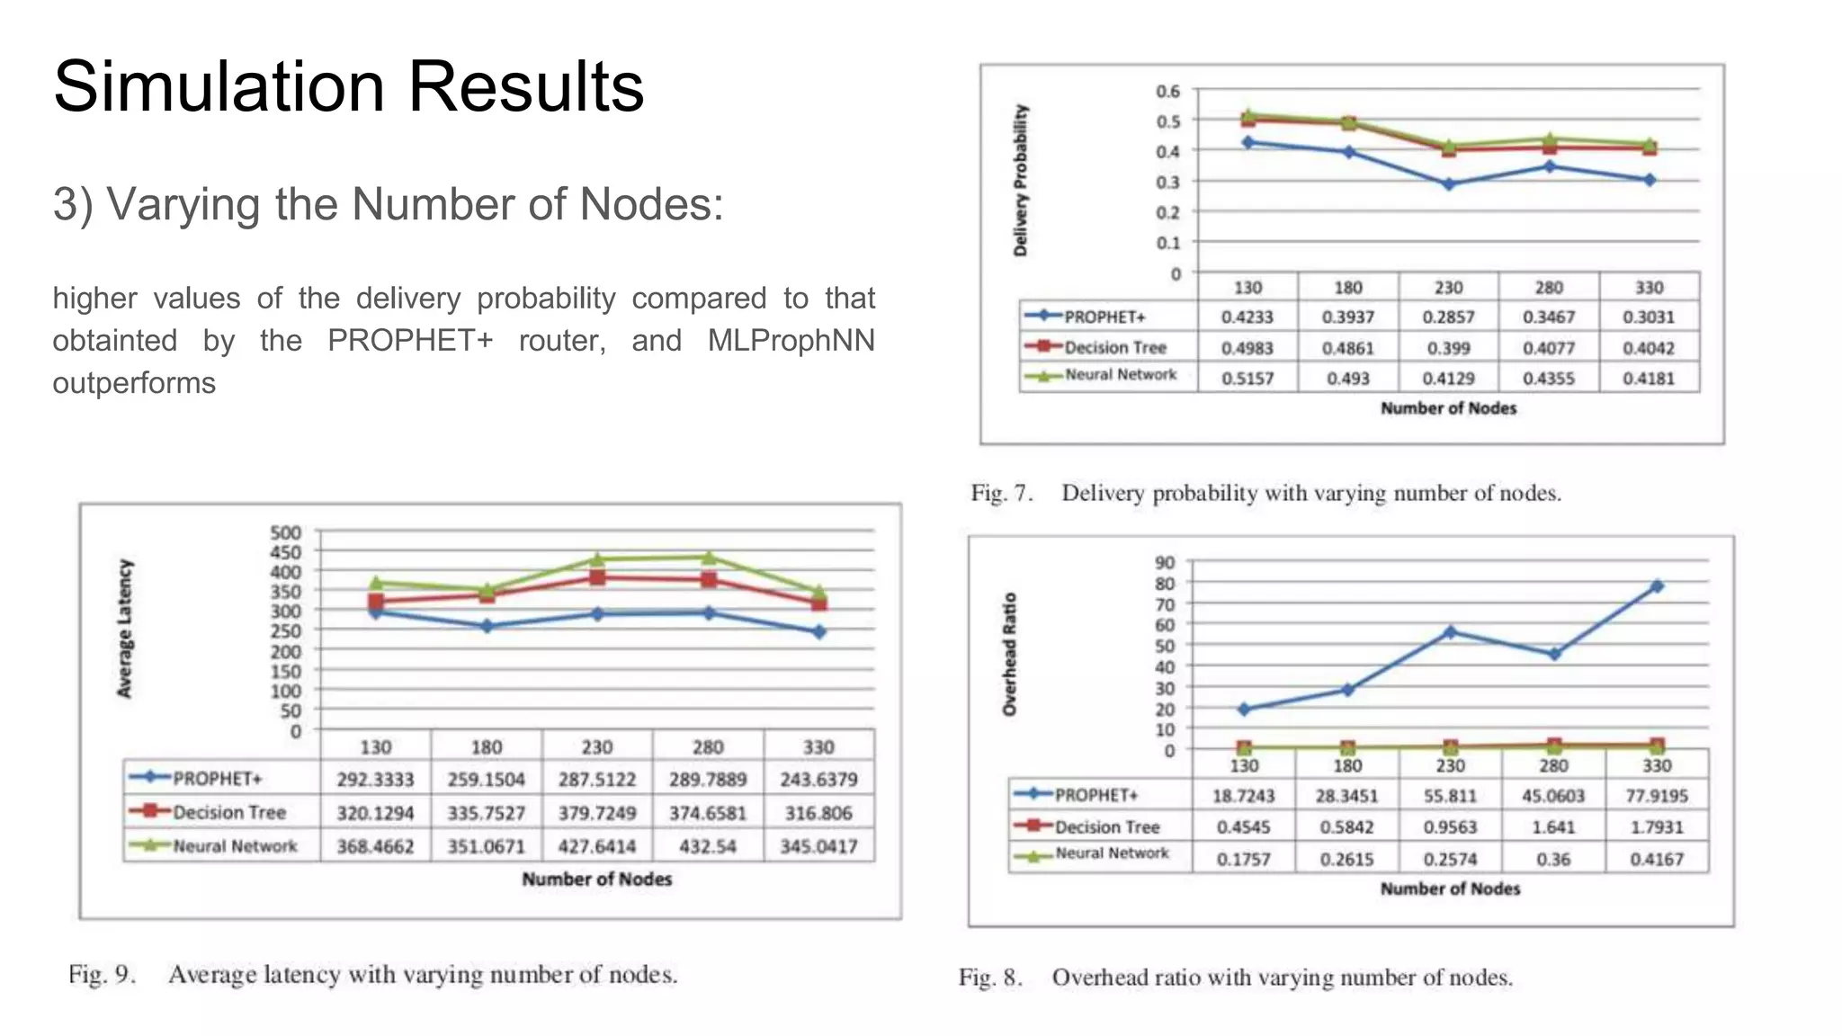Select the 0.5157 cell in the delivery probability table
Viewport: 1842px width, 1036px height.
click(x=1247, y=379)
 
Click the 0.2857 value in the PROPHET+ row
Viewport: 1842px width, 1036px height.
click(x=1448, y=317)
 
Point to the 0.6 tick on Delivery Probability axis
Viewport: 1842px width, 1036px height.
click(x=1167, y=91)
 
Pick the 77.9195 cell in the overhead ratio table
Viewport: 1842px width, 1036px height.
click(x=1657, y=796)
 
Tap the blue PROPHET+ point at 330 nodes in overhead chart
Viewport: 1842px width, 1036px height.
click(x=1657, y=586)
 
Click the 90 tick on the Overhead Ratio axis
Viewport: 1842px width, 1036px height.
click(x=1165, y=563)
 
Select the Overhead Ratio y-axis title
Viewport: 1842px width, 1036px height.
click(x=1010, y=654)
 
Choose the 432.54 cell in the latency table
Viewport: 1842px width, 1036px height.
click(x=708, y=846)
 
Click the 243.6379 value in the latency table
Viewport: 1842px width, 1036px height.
click(x=818, y=780)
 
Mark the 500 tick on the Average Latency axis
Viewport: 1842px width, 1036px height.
click(x=285, y=532)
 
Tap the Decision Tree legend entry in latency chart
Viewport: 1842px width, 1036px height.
click(x=228, y=813)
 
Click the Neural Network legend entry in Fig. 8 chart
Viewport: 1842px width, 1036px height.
click(x=1112, y=853)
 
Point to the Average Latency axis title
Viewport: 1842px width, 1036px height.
click(x=125, y=629)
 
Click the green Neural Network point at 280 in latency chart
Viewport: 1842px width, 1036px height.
click(x=709, y=558)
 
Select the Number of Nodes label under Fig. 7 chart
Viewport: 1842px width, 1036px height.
click(x=1448, y=408)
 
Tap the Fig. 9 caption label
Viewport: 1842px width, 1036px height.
click(x=102, y=975)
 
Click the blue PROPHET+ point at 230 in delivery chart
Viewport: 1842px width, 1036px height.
click(x=1448, y=184)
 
